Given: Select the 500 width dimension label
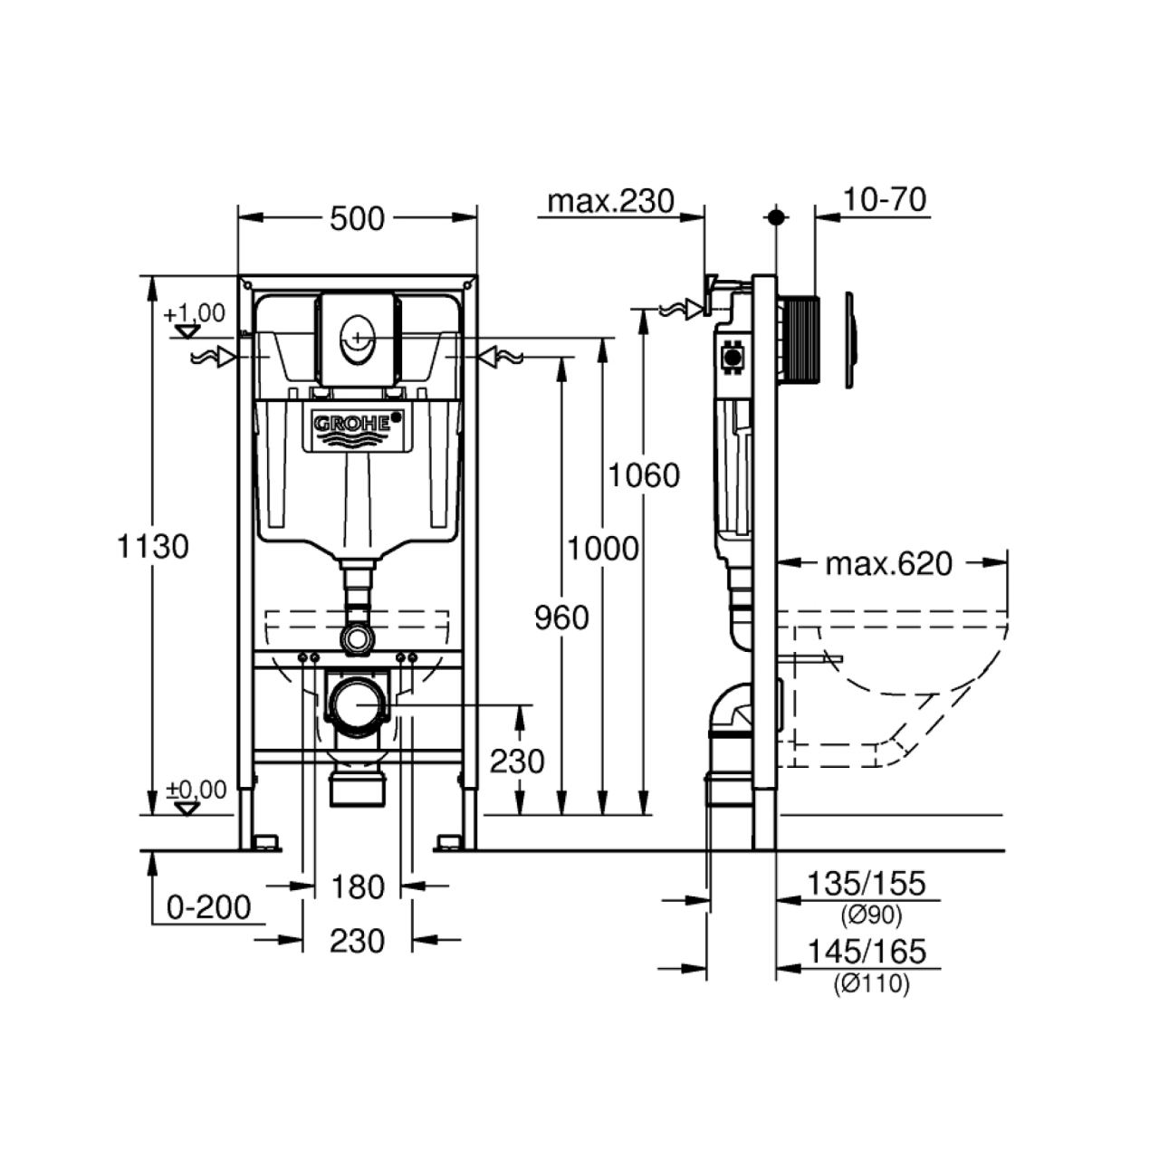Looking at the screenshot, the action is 357,219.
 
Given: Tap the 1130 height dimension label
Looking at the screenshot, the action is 152,547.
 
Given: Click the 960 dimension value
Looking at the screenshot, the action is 561,618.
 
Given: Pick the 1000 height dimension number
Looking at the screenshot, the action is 603,549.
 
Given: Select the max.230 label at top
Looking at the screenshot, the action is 610,201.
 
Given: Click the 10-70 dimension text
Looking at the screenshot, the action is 884,200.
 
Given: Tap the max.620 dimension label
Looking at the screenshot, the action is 889,564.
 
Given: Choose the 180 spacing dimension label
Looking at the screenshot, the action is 358,887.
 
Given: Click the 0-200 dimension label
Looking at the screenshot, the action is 208,907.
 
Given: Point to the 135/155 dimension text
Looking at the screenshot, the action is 866,884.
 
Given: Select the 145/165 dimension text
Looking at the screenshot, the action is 867,952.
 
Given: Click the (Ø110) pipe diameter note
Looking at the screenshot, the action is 871,984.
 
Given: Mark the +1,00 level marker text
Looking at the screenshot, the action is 195,313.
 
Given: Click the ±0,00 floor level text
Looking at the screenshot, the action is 196,790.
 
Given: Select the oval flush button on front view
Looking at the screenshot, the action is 358,338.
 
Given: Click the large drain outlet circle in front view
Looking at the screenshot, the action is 358,704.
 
